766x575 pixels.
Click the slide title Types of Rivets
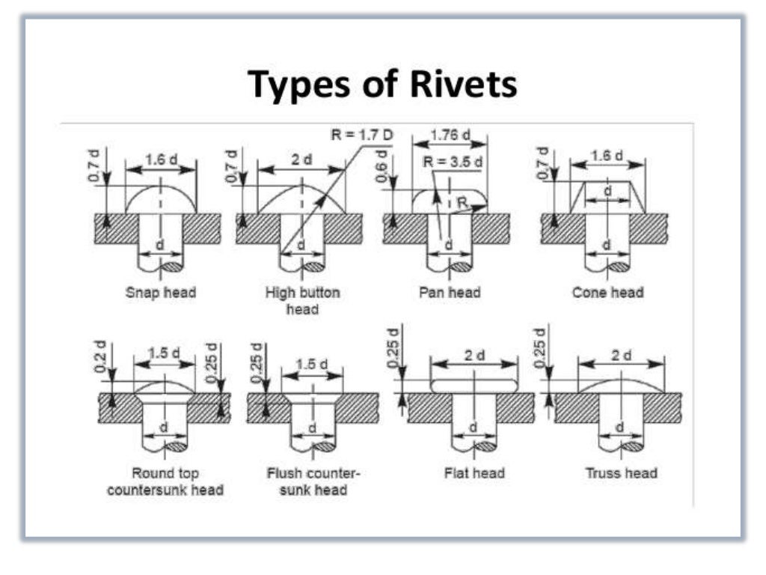click(382, 83)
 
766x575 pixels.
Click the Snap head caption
click(160, 292)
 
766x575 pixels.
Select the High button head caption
click(302, 300)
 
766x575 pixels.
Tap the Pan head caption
click(450, 292)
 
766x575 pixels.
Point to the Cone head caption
click(607, 292)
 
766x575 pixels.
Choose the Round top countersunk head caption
click(165, 481)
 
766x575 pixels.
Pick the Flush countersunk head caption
click(313, 481)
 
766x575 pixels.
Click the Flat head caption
click(474, 473)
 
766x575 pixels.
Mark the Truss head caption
click(621, 473)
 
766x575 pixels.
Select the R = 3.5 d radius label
click(453, 162)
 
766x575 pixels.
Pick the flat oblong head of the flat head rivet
click(474, 383)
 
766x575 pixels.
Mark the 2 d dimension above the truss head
click(621, 355)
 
